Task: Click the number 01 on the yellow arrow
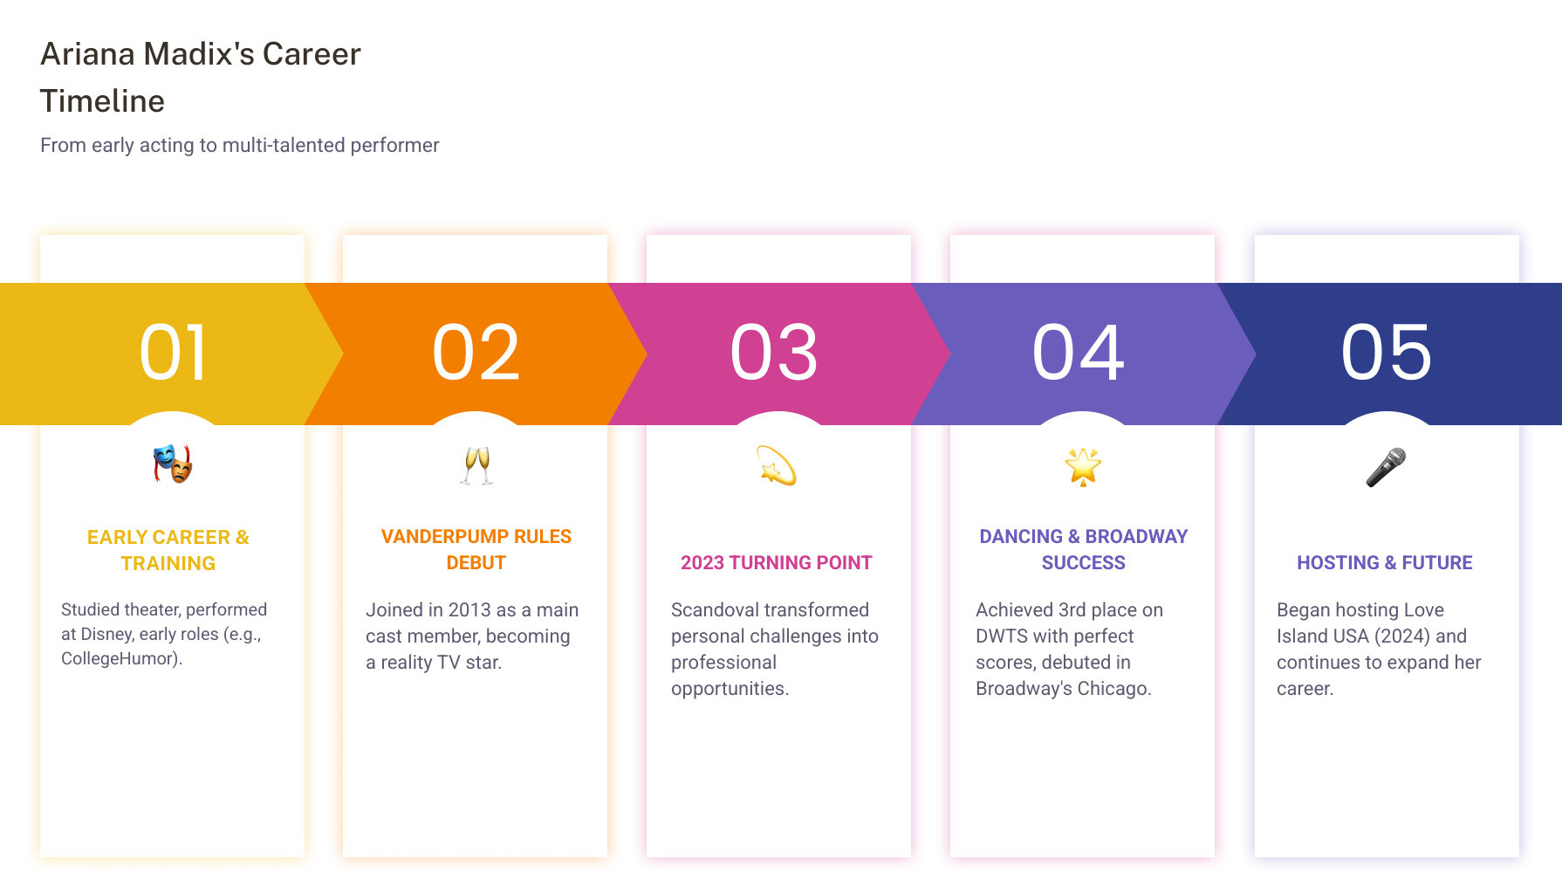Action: coord(173,353)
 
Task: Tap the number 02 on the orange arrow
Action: coord(476,353)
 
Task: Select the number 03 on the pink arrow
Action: coord(774,353)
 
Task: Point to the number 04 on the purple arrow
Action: coord(1079,353)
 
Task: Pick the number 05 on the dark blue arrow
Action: coord(1387,353)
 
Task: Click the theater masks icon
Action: coord(173,464)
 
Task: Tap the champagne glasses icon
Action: coord(476,465)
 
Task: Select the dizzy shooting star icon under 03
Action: coord(777,465)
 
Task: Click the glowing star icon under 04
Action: coord(1083,466)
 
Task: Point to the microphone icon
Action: coord(1386,466)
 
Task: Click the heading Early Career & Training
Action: coord(168,550)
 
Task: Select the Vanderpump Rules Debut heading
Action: coord(476,549)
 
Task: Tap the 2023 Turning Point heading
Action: coord(777,562)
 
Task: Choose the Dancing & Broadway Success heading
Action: coord(1083,549)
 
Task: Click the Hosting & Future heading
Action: coord(1385,562)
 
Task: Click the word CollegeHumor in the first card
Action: coord(120,658)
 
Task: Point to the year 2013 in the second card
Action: coord(469,609)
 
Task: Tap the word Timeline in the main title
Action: coord(102,101)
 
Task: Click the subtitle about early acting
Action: coord(240,145)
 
